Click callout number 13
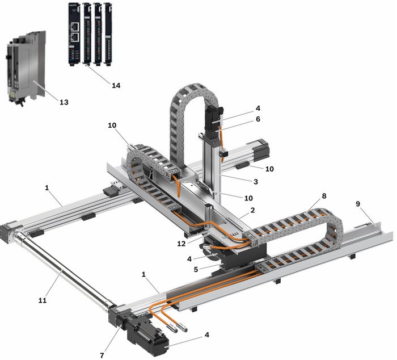(x=64, y=102)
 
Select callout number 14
(x=116, y=85)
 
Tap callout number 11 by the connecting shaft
(x=43, y=300)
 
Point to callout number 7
(x=102, y=355)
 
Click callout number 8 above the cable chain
(x=324, y=196)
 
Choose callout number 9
(x=357, y=204)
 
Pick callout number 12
(x=181, y=244)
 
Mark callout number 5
(x=196, y=269)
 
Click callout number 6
(x=258, y=119)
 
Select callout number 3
(x=256, y=182)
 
